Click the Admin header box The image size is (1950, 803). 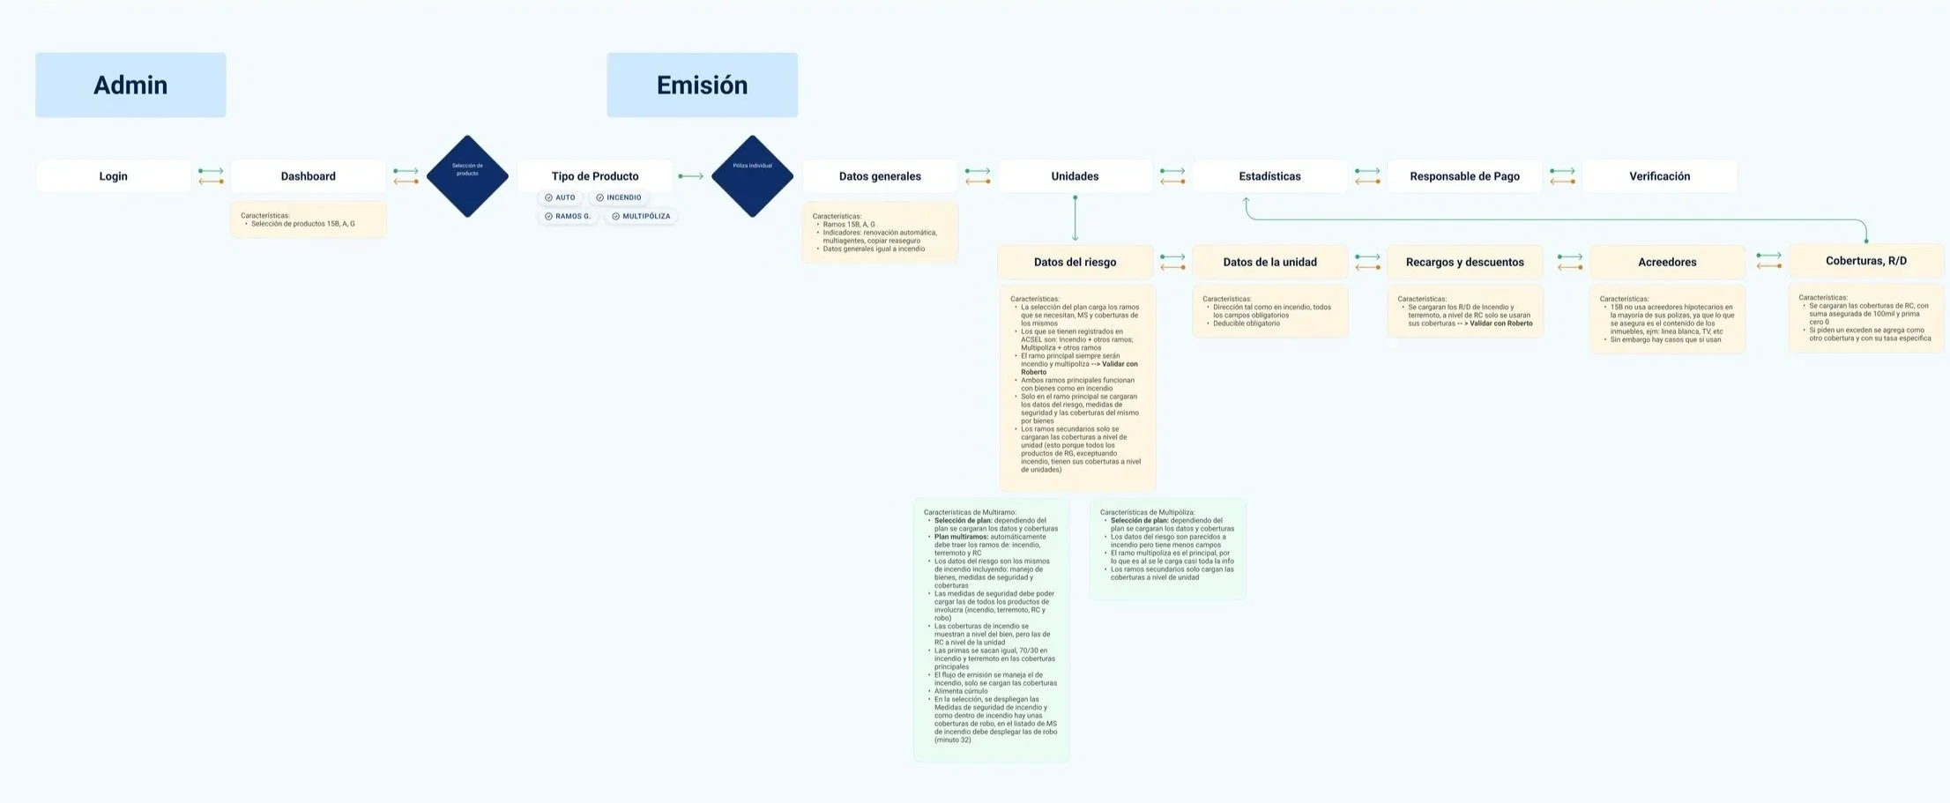(130, 85)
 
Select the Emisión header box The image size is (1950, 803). (702, 85)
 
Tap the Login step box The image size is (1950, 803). (113, 176)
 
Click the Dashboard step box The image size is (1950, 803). (308, 176)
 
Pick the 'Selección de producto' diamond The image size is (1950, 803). (467, 176)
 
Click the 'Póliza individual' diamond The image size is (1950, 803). (752, 176)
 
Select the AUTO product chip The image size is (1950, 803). (561, 198)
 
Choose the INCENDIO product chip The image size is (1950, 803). (619, 198)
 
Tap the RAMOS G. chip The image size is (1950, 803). (568, 217)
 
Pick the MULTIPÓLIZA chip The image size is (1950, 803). (641, 217)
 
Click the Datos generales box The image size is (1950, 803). (880, 176)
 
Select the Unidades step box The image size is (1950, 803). (1075, 176)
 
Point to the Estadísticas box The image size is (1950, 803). (1269, 176)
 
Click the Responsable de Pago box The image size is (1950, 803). (1464, 176)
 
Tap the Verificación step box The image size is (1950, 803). (1659, 176)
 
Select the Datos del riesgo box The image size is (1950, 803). (1075, 262)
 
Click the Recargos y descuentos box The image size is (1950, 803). (1464, 262)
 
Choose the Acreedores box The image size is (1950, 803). (1667, 262)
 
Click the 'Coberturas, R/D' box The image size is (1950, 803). (1865, 261)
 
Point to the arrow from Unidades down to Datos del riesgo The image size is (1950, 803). (1075, 218)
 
